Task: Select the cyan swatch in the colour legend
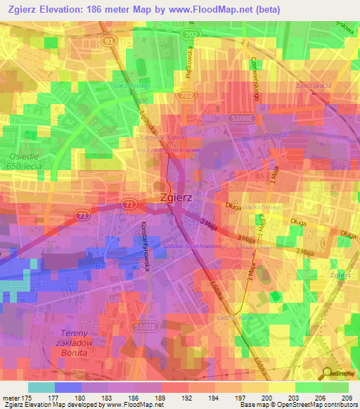pyautogui.click(x=41, y=387)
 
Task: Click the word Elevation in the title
pyautogui.click(x=60, y=10)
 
